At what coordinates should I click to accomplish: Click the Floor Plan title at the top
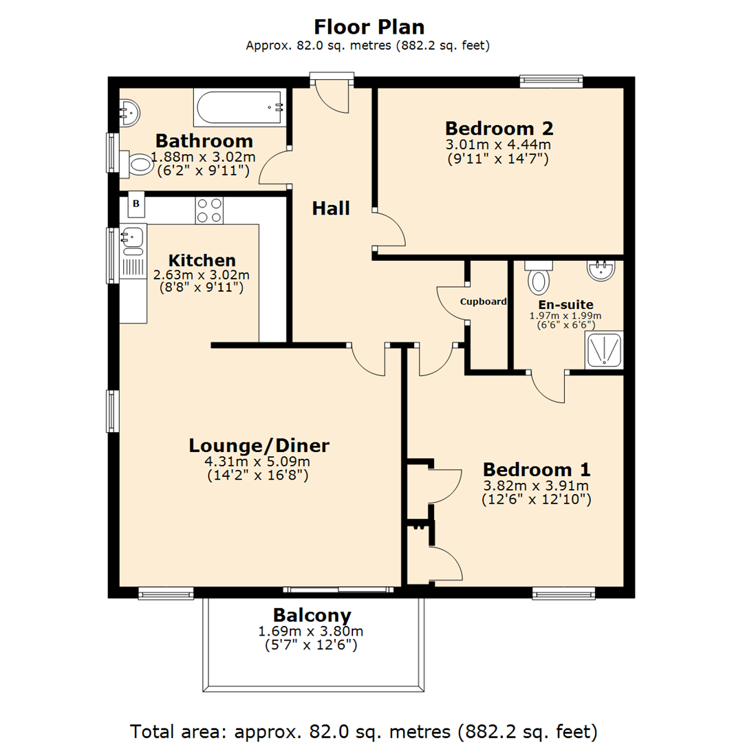[x=369, y=26]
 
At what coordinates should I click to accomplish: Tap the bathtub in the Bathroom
[x=239, y=108]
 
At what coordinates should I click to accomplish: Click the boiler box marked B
[x=136, y=204]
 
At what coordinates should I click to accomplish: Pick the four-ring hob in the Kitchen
[x=209, y=211]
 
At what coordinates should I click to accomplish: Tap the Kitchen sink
[x=132, y=238]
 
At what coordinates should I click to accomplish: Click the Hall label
[x=331, y=208]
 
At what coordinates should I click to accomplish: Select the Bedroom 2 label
[x=499, y=129]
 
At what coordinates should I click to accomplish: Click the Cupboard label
[x=484, y=301]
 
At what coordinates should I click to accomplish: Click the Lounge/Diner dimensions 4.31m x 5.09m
[x=259, y=462]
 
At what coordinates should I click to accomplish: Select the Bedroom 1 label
[x=536, y=470]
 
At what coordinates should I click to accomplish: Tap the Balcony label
[x=312, y=615]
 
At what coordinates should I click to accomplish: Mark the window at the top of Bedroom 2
[x=551, y=81]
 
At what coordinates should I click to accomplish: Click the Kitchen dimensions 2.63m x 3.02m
[x=202, y=274]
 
